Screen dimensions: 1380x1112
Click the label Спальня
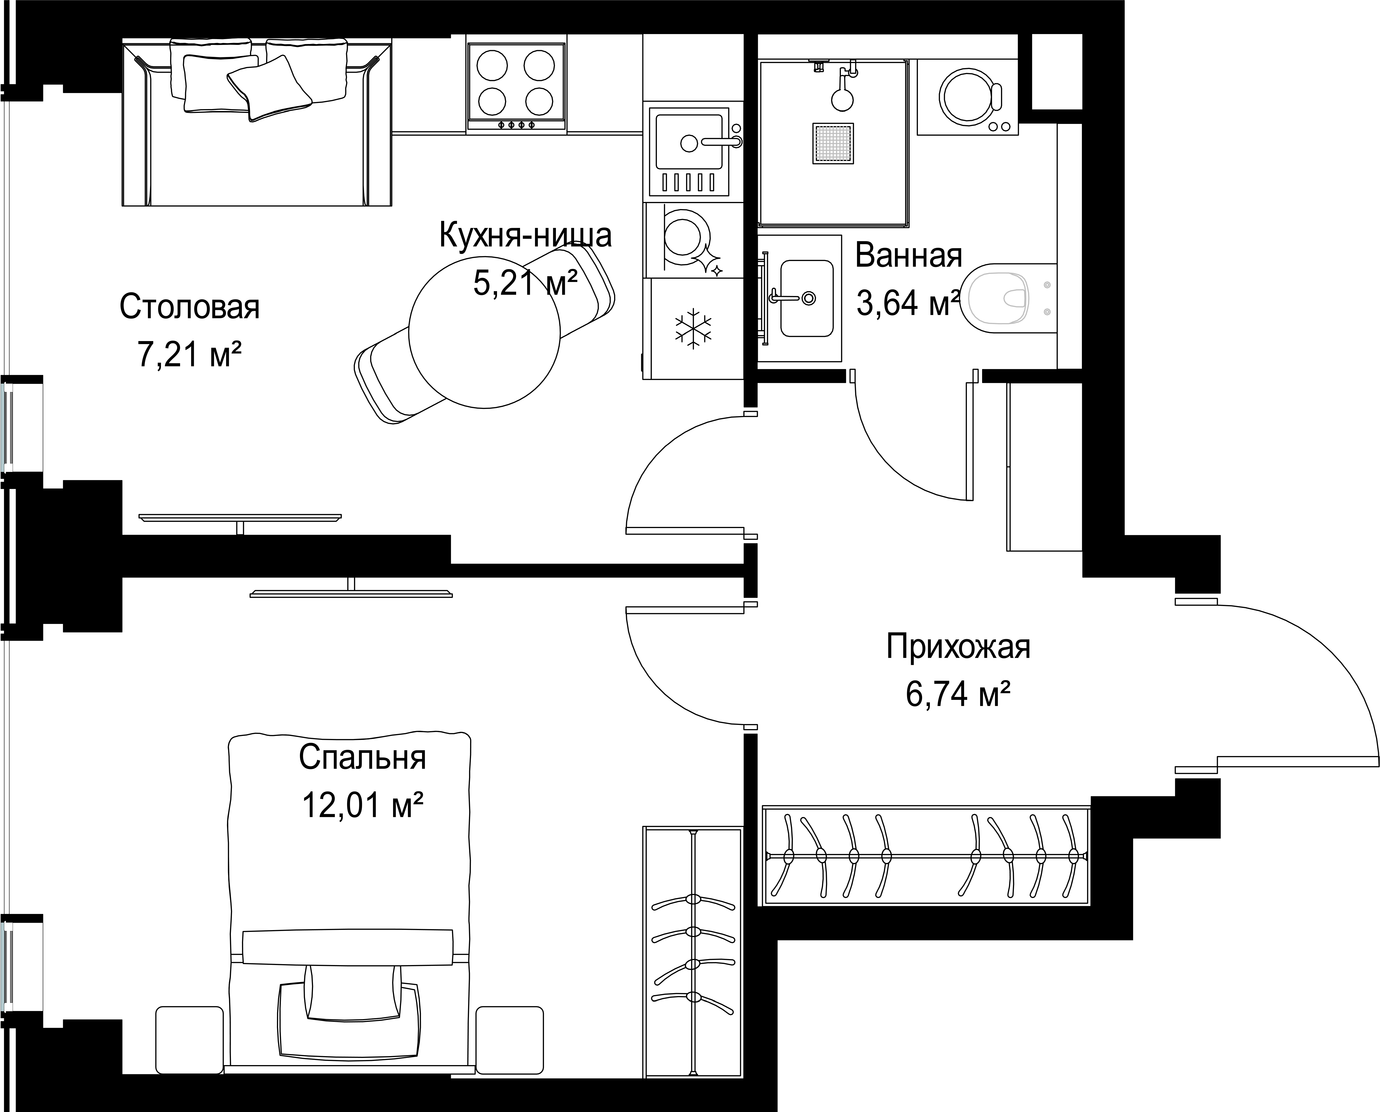point(362,758)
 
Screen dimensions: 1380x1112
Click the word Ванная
point(908,256)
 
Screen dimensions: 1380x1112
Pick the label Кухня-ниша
point(525,235)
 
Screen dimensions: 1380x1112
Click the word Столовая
point(190,307)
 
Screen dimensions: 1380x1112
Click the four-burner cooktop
point(516,88)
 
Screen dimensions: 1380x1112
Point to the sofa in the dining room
point(256,122)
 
